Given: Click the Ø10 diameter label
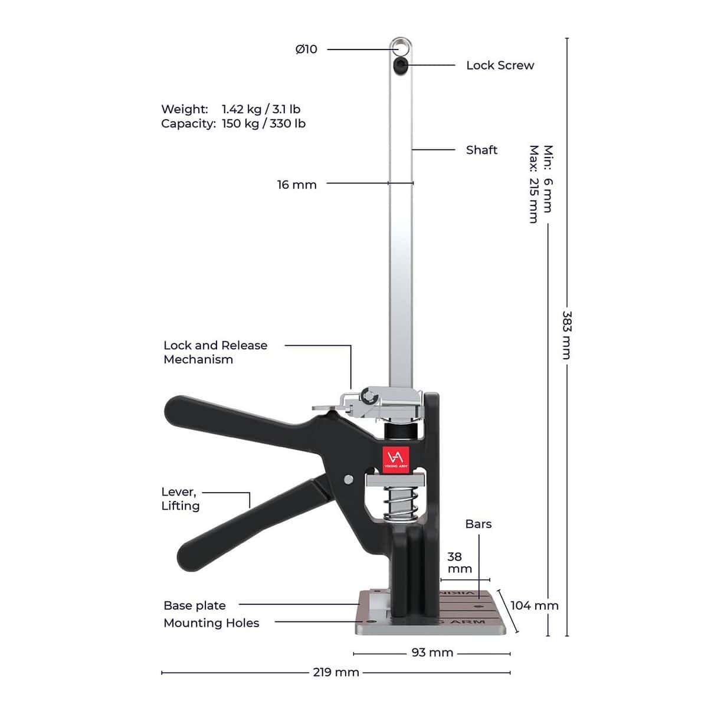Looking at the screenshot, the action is coord(306,49).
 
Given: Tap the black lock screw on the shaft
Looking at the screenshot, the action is coord(400,65).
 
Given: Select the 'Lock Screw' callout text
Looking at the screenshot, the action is coord(500,65).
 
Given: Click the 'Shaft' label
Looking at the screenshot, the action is coord(481,150).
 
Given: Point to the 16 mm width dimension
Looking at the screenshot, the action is coord(297,185).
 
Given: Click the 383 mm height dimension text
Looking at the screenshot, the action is coord(567,335).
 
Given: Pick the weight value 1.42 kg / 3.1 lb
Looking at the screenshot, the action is coord(261,109).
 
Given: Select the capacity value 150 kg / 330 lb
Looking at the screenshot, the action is coord(263,123).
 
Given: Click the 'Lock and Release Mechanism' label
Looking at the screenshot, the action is coord(215,352).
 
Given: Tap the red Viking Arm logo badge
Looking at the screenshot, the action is coord(396,460).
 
